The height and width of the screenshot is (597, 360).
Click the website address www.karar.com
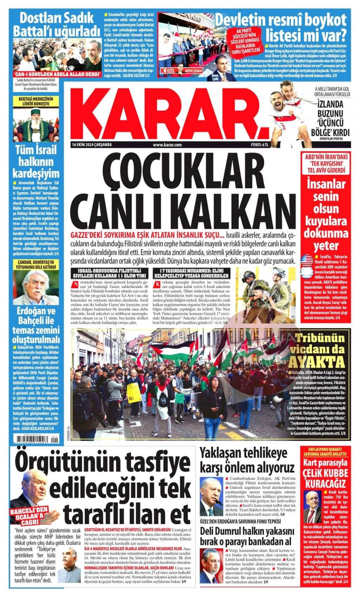tap(167, 145)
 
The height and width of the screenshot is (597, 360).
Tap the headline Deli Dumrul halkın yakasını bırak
tap(247, 537)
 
